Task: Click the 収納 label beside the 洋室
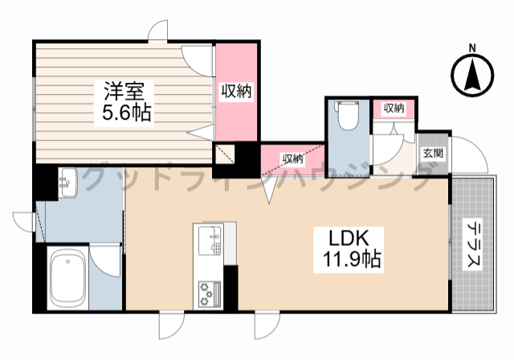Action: coord(237,92)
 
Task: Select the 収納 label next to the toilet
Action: coord(393,108)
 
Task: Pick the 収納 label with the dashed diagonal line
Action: coord(292,157)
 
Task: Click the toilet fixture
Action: coord(347,116)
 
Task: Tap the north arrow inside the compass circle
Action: coord(473,77)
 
